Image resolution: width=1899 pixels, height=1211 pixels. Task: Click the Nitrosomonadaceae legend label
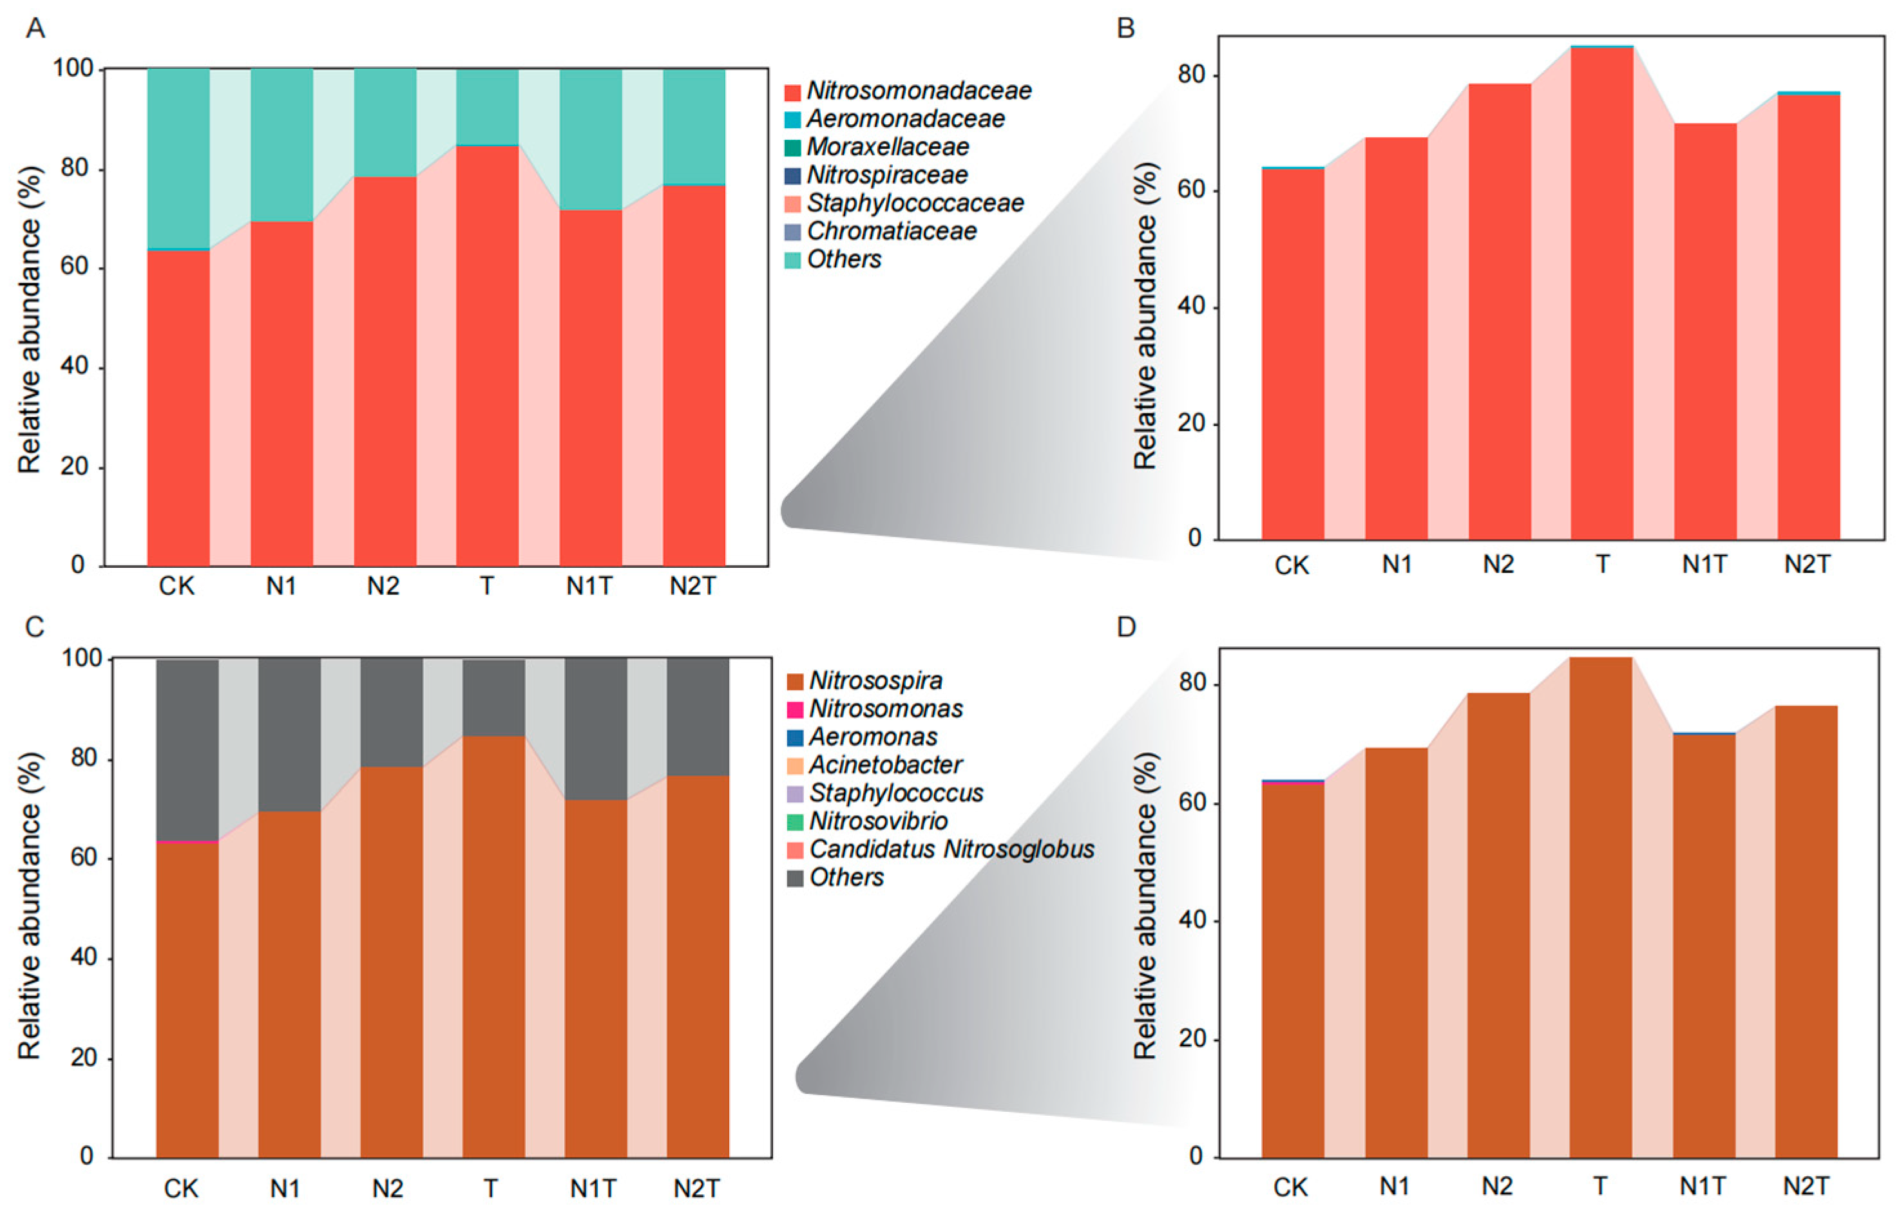point(919,91)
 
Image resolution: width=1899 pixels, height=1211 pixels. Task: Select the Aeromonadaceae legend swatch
point(792,120)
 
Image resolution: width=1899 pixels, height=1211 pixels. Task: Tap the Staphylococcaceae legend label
point(915,203)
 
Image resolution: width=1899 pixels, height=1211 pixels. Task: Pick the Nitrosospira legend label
point(875,681)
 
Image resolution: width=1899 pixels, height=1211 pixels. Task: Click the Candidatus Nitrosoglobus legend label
point(952,849)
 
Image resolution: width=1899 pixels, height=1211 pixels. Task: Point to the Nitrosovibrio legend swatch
point(795,821)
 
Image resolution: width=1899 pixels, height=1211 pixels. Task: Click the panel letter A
point(35,28)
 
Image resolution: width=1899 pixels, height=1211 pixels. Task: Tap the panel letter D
point(1126,627)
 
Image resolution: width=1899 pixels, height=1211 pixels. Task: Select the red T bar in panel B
point(1601,292)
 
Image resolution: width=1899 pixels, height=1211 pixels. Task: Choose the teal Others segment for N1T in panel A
point(591,139)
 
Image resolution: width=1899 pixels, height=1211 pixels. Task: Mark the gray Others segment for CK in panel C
point(187,749)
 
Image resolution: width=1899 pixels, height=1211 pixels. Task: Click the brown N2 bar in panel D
point(1498,923)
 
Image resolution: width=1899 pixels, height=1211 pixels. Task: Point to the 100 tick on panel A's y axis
point(73,70)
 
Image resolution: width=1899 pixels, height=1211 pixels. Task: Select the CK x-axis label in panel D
point(1290,1187)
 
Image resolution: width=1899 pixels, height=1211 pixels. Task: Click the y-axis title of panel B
point(1145,315)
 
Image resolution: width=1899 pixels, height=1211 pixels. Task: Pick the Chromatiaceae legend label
point(891,232)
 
